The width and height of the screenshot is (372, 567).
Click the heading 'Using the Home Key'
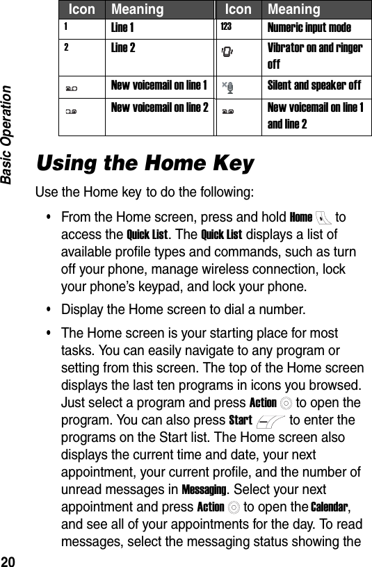[x=145, y=165]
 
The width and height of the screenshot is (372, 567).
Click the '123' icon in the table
[x=226, y=27]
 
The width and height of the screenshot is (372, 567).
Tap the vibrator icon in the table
[x=227, y=50]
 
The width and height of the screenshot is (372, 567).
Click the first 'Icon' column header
[x=82, y=10]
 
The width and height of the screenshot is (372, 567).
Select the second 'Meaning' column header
[x=294, y=10]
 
